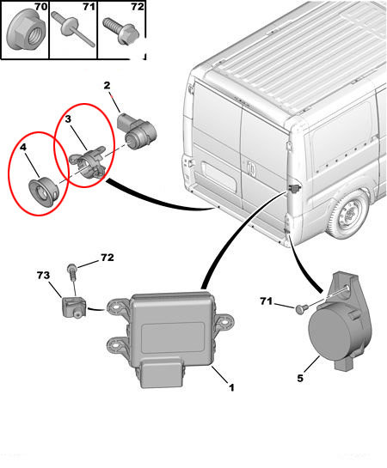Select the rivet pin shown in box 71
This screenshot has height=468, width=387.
(x=73, y=29)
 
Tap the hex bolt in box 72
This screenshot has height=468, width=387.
(x=122, y=31)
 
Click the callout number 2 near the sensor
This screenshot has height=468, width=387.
(x=107, y=85)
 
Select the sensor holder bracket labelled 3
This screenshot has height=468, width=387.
(x=89, y=161)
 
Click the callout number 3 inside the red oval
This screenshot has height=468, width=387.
(x=68, y=119)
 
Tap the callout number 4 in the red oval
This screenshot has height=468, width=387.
(x=23, y=147)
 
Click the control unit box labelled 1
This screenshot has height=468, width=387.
(x=170, y=338)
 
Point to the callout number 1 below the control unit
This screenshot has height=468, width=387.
(x=231, y=387)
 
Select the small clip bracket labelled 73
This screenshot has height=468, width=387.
(x=74, y=307)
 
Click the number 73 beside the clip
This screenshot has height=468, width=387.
(x=43, y=275)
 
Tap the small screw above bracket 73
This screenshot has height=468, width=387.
(x=72, y=271)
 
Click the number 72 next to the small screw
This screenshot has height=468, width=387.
(x=107, y=258)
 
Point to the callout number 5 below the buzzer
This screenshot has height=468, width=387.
(x=300, y=378)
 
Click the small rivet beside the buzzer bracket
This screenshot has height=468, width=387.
(x=300, y=308)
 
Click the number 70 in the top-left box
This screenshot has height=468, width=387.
(x=41, y=7)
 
